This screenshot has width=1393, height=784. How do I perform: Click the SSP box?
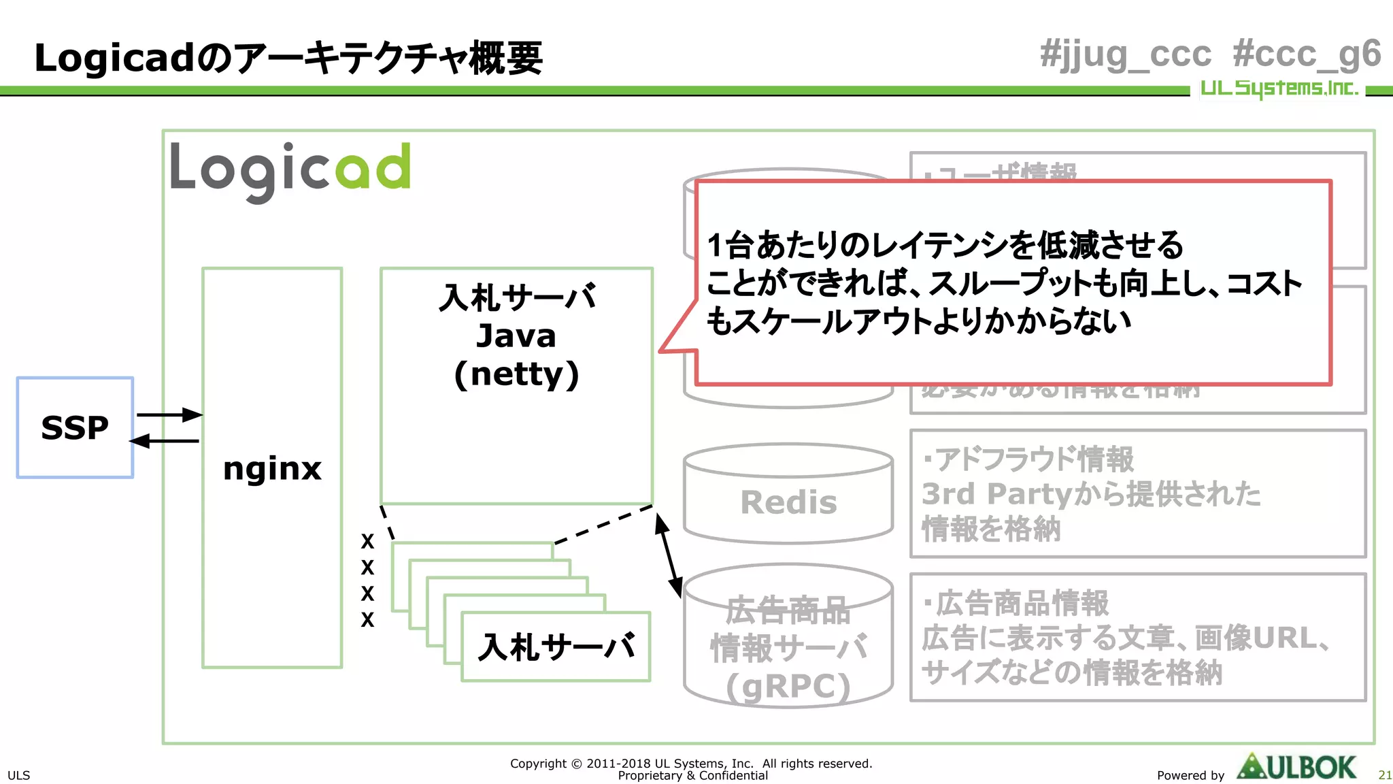point(75,427)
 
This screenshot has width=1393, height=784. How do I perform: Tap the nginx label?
point(272,469)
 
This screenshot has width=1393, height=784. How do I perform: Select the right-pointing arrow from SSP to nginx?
point(169,414)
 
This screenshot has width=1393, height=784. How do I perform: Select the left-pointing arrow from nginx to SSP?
point(165,441)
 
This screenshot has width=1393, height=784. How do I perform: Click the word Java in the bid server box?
point(516,336)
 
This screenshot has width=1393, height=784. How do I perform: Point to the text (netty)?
point(516,374)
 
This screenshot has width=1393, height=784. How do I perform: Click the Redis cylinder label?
point(788,503)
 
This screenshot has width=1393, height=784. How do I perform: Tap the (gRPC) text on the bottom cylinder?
point(788,686)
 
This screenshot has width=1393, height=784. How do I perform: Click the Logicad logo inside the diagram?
point(290,170)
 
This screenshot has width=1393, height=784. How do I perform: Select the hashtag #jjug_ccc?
point(1126,54)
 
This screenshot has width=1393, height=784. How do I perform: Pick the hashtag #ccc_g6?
point(1307,54)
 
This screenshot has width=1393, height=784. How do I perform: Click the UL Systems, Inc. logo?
point(1279,88)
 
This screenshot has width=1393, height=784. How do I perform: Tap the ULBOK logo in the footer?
point(1296,767)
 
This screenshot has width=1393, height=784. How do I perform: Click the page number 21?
point(1385,775)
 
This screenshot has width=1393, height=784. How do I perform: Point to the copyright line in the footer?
point(691,764)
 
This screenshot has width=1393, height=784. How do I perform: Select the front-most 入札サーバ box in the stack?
point(556,647)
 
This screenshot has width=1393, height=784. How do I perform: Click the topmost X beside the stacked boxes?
point(367,542)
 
